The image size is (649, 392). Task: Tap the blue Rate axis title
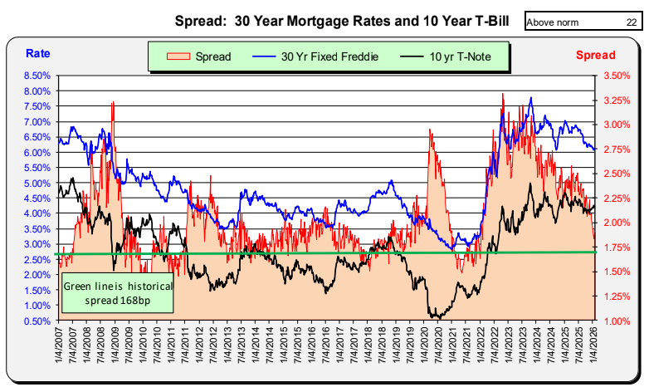pyautogui.click(x=37, y=54)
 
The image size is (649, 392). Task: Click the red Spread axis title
pyautogui.click(x=595, y=55)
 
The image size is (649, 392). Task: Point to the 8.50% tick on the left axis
pyautogui.click(x=37, y=75)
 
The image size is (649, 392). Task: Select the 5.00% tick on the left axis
pyautogui.click(x=37, y=183)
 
